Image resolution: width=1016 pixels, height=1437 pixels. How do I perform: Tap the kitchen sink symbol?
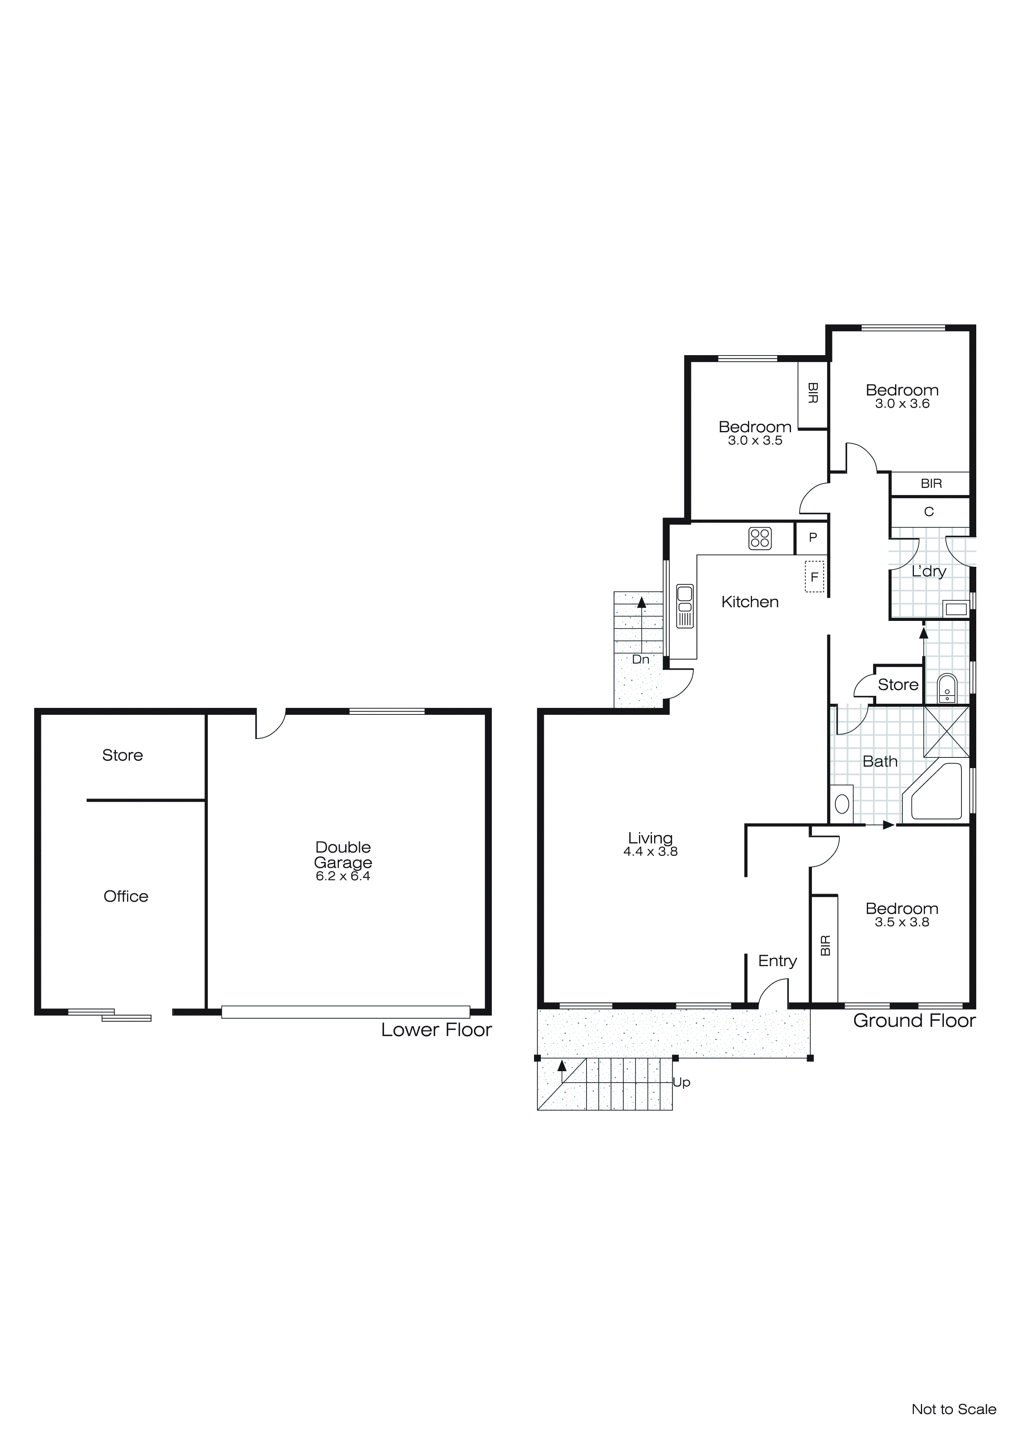685,605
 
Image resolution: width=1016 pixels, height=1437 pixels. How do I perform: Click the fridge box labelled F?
814,577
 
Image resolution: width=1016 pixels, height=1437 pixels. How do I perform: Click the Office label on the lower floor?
126,896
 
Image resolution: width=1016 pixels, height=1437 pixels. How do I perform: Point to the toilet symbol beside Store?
947,689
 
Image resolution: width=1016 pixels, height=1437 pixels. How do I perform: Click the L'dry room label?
928,571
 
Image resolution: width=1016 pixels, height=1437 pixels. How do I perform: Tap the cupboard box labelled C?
929,512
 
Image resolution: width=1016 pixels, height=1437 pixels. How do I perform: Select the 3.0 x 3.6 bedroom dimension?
902,404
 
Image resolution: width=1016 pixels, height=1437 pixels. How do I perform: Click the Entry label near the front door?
777,961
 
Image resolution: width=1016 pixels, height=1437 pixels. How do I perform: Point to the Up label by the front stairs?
681,1082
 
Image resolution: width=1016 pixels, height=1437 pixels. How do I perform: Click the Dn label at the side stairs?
640,659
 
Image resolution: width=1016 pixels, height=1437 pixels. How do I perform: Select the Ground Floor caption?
914,1021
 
